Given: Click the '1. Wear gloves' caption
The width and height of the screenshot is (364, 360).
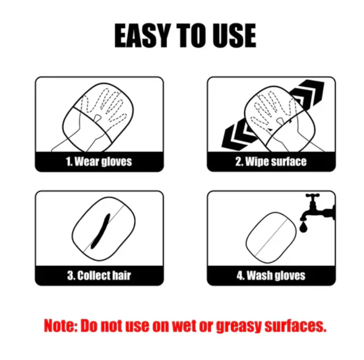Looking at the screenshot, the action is pyautogui.click(x=99, y=162).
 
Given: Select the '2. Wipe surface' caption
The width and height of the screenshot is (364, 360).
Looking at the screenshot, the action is pyautogui.click(x=271, y=162).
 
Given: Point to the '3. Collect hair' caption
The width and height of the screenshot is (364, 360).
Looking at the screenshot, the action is pyautogui.click(x=99, y=275).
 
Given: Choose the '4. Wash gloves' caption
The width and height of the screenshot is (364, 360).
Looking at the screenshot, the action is pyautogui.click(x=271, y=275).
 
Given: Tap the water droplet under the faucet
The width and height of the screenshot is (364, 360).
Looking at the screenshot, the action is pyautogui.click(x=303, y=227).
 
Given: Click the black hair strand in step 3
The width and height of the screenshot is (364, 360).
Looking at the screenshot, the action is pyautogui.click(x=100, y=231).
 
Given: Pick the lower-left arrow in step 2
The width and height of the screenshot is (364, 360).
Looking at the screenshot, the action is pyautogui.click(x=237, y=134).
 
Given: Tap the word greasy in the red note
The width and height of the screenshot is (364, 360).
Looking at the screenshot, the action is pyautogui.click(x=239, y=326).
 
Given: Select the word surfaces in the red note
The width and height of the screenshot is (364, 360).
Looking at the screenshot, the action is pyautogui.click(x=296, y=326).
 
